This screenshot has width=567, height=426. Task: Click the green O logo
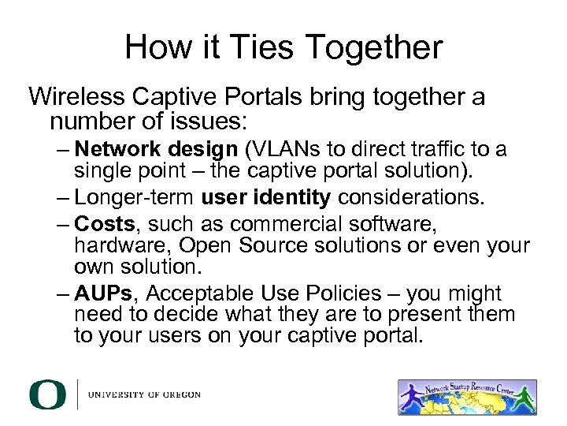47,394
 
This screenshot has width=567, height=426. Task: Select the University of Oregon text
145,394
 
